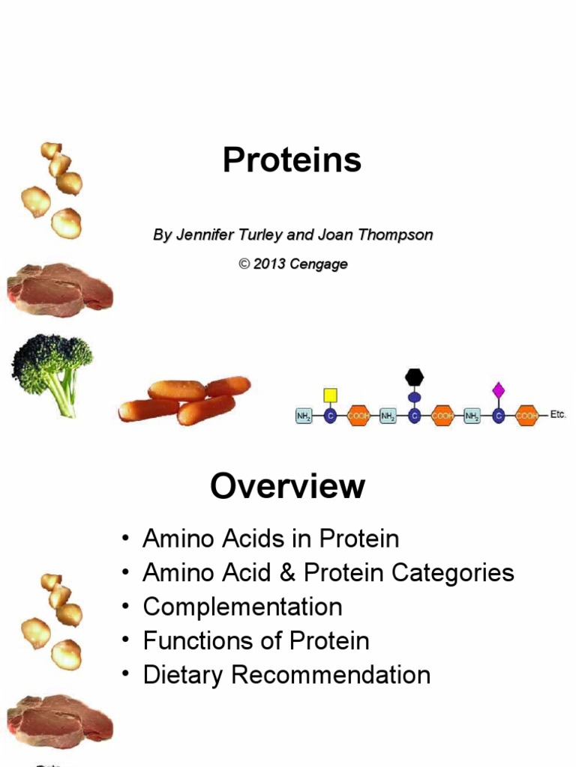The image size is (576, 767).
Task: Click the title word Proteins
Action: (292, 160)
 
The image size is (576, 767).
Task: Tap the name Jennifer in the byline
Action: (202, 235)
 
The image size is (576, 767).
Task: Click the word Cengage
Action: (319, 265)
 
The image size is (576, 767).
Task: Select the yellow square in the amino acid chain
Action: (330, 394)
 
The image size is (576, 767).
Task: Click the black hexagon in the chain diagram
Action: (414, 377)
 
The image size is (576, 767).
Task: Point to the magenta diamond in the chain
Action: (499, 389)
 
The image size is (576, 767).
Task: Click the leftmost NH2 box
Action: (304, 416)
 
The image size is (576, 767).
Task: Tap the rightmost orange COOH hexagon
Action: (526, 416)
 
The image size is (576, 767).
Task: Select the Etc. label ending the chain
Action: (557, 414)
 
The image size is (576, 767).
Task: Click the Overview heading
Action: (288, 487)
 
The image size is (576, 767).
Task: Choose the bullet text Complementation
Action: (242, 607)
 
